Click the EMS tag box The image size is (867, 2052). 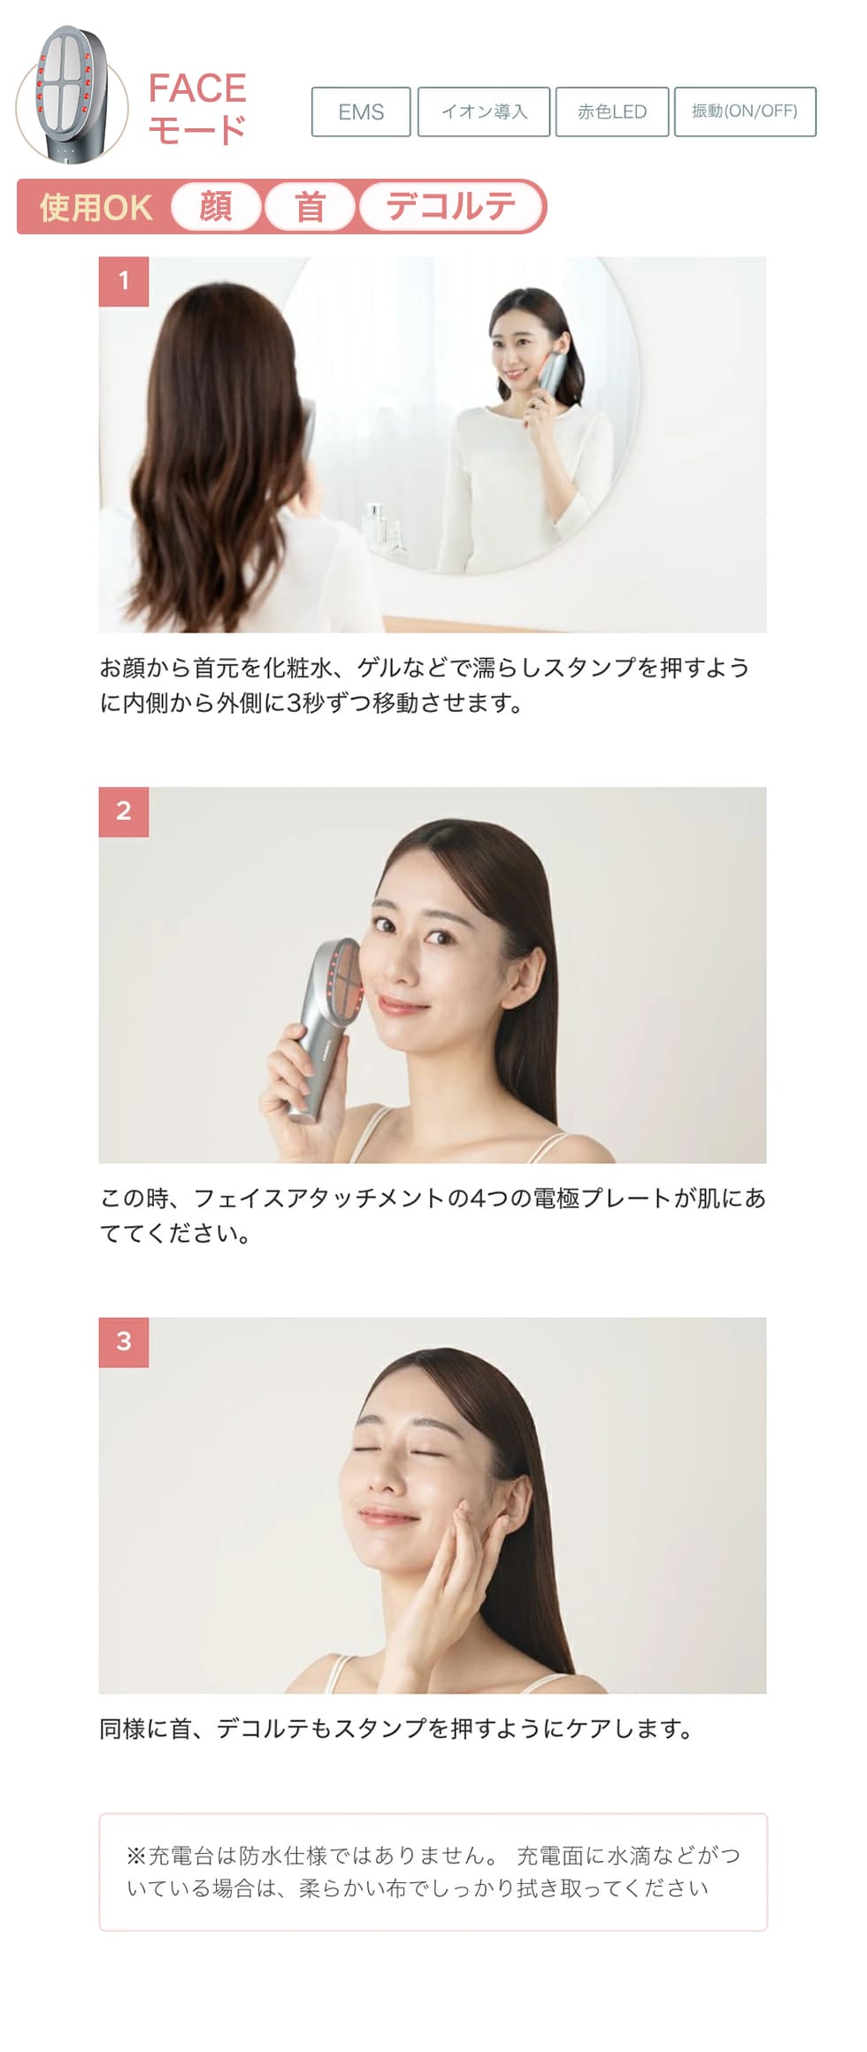point(361,112)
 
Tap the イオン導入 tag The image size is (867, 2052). point(484,112)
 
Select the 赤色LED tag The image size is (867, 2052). point(611,112)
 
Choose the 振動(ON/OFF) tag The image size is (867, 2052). point(745,111)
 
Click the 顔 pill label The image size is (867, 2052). point(216,207)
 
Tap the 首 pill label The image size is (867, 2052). point(310,207)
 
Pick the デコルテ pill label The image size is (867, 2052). point(450,207)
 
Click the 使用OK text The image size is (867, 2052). point(96,208)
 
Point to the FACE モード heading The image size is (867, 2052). point(196,108)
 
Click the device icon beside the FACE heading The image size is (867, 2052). point(71,95)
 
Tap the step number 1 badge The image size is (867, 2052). point(124,281)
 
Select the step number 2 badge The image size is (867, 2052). point(124,811)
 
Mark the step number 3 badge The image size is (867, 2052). point(124,1342)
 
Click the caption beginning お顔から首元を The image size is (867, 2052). point(425,685)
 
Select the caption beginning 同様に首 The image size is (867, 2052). point(395,1728)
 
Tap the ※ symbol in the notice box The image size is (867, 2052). point(135,1855)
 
